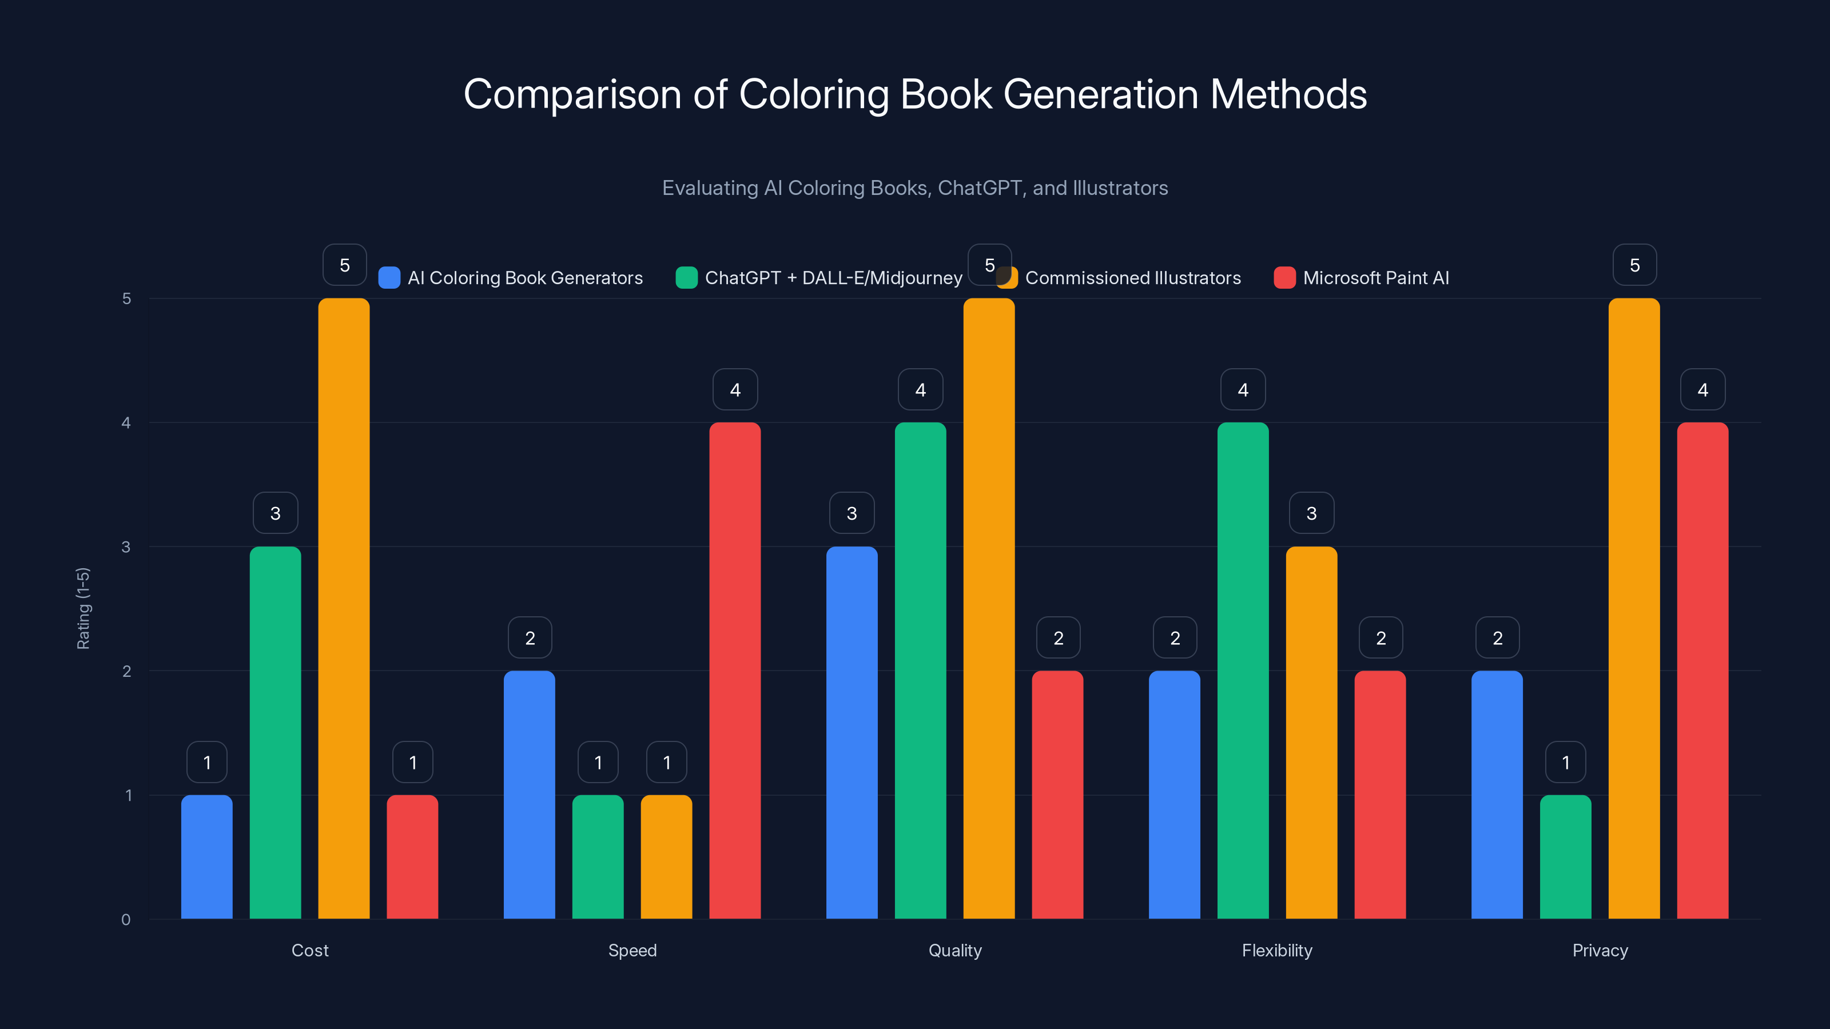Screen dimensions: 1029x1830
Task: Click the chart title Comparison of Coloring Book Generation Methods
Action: pos(915,94)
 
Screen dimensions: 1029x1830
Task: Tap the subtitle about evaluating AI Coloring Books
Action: pos(915,188)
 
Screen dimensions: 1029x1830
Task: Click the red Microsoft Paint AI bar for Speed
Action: pos(734,671)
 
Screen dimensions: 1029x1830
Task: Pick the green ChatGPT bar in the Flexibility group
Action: pos(1243,671)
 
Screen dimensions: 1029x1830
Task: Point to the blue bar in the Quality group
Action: pos(852,732)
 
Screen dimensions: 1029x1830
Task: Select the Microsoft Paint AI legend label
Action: pos(1375,278)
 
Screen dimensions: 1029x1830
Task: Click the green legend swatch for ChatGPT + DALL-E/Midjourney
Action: pos(686,278)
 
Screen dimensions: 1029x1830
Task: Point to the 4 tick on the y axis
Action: pos(126,422)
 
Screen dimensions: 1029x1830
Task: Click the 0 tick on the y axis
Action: pos(126,920)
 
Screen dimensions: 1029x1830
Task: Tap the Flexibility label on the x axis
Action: pos(1276,950)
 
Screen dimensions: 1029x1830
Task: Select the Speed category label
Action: pos(632,950)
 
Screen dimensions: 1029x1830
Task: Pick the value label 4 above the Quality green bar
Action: pos(920,389)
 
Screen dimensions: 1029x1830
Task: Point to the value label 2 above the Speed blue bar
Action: pos(530,638)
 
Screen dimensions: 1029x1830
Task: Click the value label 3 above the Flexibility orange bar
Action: pos(1311,513)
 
